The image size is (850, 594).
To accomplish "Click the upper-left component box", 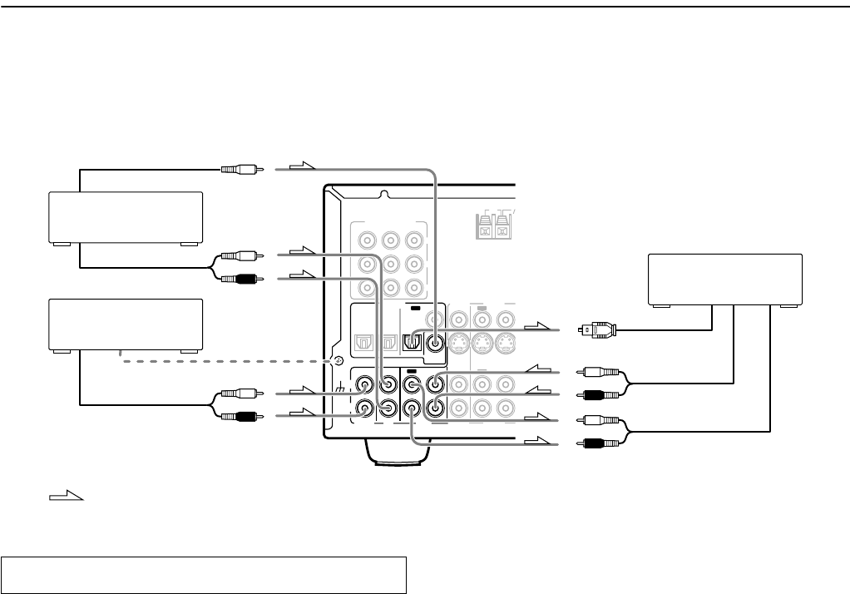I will click(x=126, y=217).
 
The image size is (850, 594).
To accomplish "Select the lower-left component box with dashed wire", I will click(x=126, y=324).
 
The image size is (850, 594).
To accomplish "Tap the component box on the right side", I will click(x=724, y=280).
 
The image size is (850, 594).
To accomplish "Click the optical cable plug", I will click(x=600, y=330).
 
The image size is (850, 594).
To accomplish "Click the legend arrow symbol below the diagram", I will click(x=66, y=497).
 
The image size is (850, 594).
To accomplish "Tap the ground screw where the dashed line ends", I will click(x=337, y=360).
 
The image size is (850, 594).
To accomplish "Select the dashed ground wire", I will click(x=225, y=360).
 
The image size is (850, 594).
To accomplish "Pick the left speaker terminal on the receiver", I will click(x=483, y=226).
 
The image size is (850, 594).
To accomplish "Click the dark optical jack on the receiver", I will click(x=409, y=341).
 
